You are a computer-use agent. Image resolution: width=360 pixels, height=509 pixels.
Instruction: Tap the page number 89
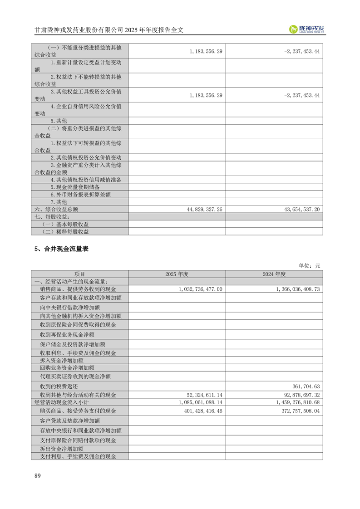[38, 475]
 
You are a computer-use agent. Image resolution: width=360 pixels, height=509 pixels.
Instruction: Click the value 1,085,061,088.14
[200, 402]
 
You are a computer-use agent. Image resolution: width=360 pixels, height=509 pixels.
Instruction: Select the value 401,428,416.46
[202, 411]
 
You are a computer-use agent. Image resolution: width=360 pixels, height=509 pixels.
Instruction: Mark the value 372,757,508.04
[299, 411]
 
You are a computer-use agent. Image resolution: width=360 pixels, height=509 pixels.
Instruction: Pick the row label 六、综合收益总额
[57, 209]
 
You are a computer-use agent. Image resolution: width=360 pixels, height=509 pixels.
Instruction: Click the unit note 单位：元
[309, 266]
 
